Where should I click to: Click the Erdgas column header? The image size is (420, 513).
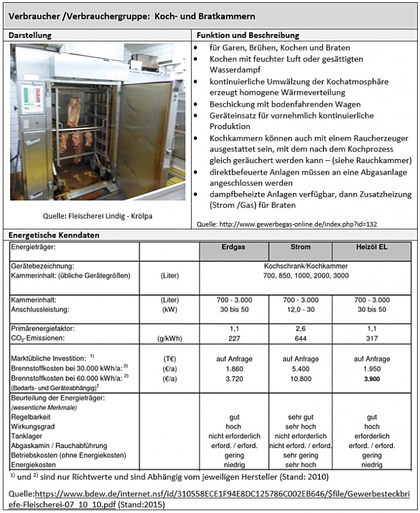(234, 247)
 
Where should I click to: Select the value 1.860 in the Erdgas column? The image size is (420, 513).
(234, 368)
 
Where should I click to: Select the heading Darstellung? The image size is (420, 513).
(30, 35)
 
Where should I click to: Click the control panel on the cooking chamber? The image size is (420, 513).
(26, 101)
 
